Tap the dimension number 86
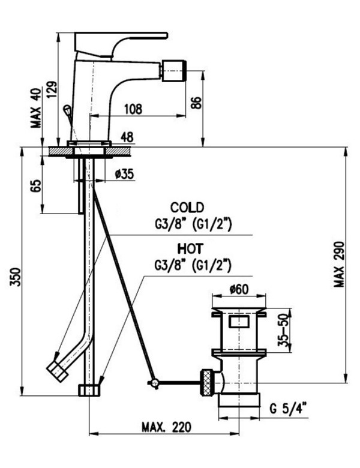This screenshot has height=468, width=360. pos(196,102)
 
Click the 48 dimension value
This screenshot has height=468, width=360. pos(127,137)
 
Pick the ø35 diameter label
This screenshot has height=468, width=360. pos(124,174)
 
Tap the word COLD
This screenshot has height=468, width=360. pos(187,207)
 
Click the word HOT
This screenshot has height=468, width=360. pos(189,247)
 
